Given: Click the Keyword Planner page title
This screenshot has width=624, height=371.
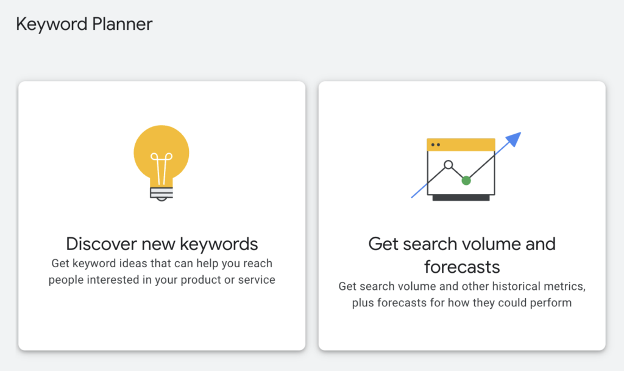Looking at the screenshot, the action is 84,24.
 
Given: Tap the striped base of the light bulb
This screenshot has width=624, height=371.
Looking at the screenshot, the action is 161,194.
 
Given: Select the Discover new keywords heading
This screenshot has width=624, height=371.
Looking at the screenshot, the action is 162,244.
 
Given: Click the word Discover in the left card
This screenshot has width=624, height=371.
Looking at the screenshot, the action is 101,244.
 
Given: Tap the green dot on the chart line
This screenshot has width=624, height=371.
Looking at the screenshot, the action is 466,181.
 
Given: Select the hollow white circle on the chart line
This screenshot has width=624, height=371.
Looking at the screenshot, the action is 448,165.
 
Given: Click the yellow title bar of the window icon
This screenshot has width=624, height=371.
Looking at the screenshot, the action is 461,145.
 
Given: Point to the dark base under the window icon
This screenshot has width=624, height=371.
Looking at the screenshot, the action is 461,198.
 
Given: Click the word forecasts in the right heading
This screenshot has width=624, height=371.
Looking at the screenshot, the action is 462,267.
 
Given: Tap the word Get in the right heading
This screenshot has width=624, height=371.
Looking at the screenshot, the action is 383,244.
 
